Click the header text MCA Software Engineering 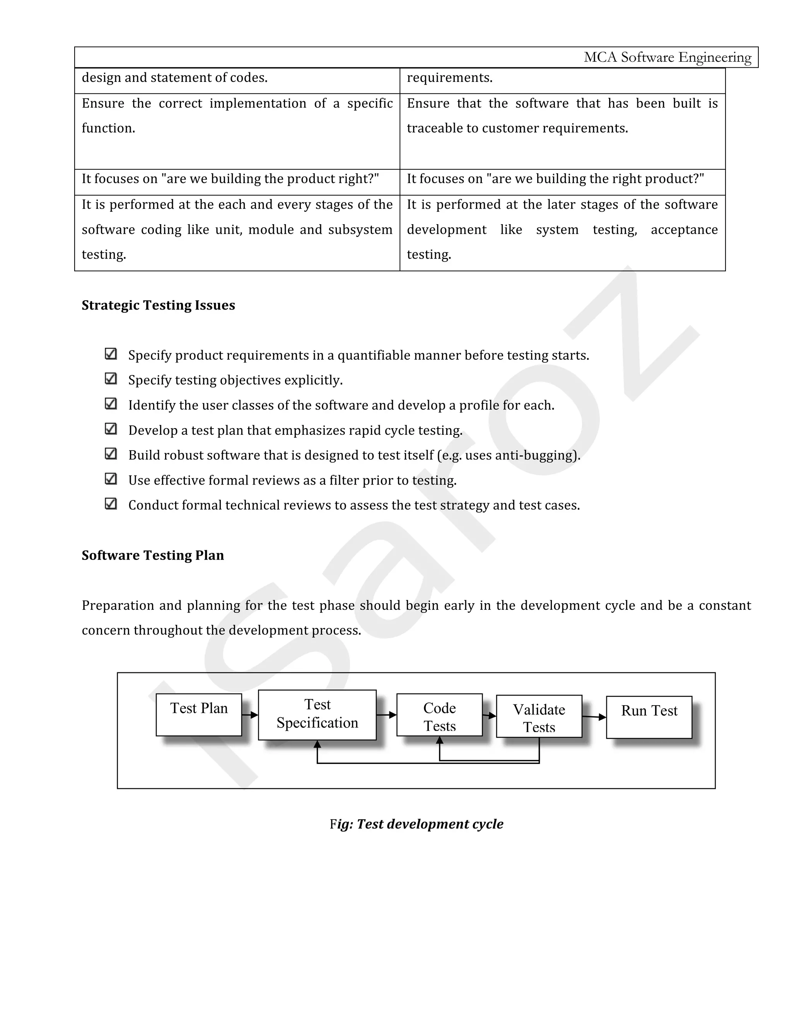coord(667,57)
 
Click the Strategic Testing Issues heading coord(158,305)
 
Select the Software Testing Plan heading coord(152,555)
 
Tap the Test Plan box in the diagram coord(198,714)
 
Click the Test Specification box coord(317,714)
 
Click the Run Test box coord(649,717)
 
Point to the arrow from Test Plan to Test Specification coord(250,715)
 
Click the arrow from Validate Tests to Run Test coord(594,717)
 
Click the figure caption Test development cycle coord(416,824)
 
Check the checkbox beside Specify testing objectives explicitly coord(111,378)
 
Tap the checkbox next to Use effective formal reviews coord(111,479)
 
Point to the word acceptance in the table coord(684,230)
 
